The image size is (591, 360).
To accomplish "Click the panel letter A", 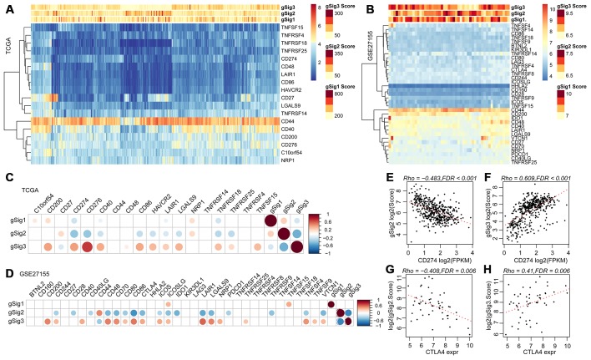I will pos(7,7).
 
